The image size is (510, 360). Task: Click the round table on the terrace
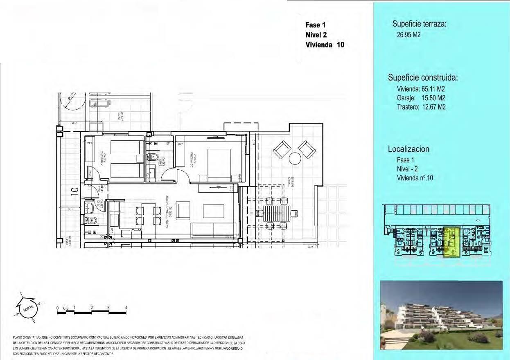coord(295,158)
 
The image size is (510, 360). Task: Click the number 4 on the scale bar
coord(126,308)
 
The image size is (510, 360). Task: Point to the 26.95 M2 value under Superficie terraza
coord(408,35)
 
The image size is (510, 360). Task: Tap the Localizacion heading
coord(408,149)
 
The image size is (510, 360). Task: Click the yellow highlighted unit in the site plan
coord(451,242)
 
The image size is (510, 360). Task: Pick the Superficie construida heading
coord(422,77)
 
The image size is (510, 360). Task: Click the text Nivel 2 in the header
coord(316,35)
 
